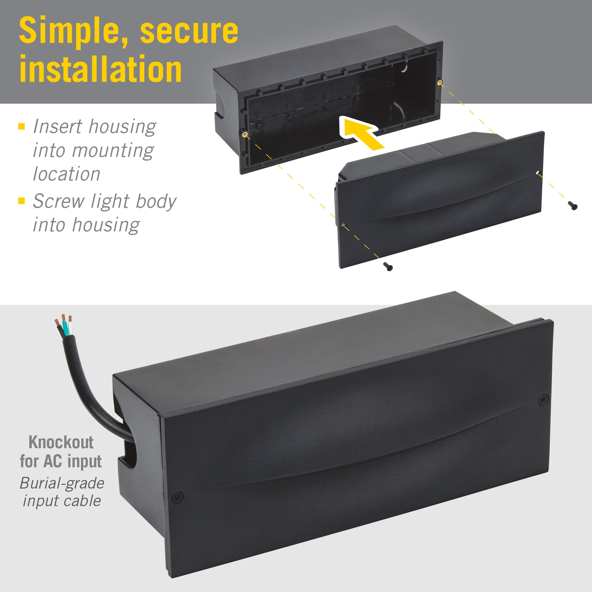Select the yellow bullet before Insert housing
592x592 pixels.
pyautogui.click(x=21, y=126)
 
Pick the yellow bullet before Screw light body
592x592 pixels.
pyautogui.click(x=21, y=201)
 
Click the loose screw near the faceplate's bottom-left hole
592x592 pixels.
pyautogui.click(x=388, y=267)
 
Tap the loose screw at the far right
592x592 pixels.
pyautogui.click(x=573, y=206)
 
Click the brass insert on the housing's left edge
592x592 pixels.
pyautogui.click(x=245, y=134)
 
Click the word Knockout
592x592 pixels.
pyautogui.click(x=61, y=442)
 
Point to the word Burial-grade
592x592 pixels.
pyautogui.click(x=62, y=484)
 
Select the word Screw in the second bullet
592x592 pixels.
pyautogui.click(x=59, y=201)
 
